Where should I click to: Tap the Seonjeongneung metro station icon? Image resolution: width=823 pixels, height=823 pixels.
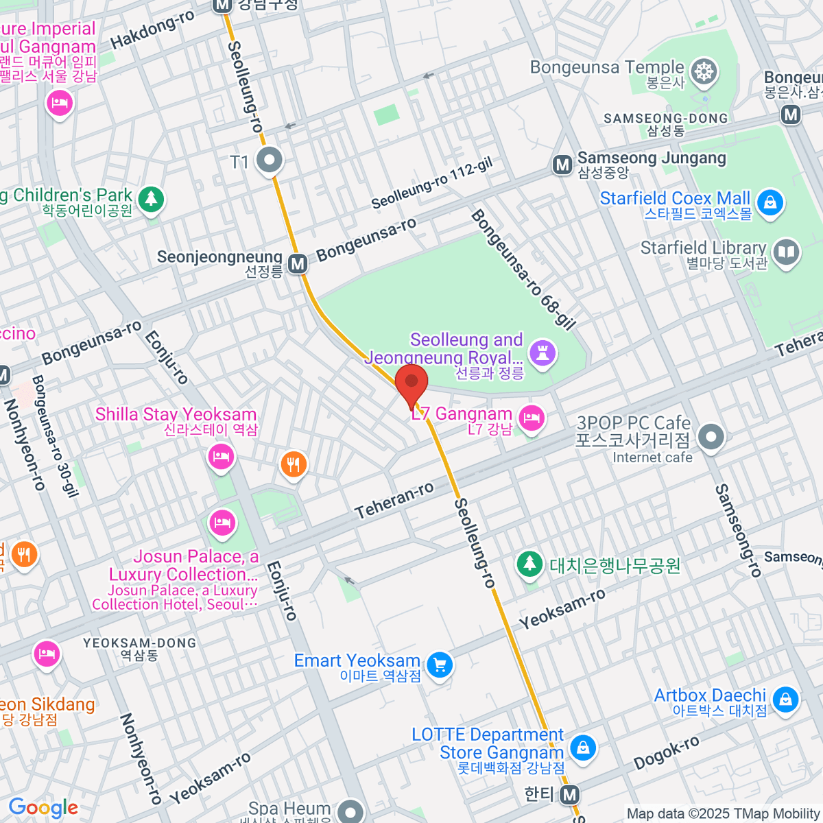pos(297,264)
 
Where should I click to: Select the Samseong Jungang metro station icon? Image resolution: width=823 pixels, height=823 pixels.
pos(562,165)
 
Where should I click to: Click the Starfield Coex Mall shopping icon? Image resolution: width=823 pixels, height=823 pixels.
pos(770,204)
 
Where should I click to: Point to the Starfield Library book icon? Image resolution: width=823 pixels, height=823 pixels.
pos(786,253)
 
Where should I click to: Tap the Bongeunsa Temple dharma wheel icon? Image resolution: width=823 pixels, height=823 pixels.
pos(703,71)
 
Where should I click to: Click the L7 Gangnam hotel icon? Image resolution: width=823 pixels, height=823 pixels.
pos(532,418)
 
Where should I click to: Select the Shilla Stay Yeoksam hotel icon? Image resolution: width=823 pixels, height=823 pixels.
pos(221,455)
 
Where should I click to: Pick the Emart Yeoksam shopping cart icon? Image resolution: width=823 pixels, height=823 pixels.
pos(440,665)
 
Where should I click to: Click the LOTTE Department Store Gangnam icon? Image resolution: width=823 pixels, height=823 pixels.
pos(582,748)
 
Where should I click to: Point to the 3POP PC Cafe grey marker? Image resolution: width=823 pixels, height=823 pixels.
pos(711,436)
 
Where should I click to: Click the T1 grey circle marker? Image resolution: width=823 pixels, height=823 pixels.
pos(269,161)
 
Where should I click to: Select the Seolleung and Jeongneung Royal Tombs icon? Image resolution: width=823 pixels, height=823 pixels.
pos(543,354)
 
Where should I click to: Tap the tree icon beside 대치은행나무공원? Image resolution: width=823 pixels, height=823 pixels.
pos(529,564)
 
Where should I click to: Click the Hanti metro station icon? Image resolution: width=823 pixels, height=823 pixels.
pos(569,795)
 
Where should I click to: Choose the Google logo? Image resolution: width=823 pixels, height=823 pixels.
pos(43,808)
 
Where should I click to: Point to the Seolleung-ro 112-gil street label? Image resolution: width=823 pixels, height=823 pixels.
pos(432,184)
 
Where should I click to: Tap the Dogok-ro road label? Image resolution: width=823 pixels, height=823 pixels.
pos(666,752)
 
